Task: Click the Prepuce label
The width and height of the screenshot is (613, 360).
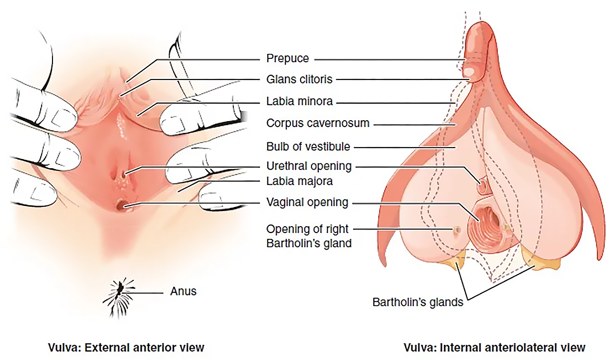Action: pyautogui.click(x=287, y=58)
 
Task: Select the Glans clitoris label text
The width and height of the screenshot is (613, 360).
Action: pyautogui.click(x=299, y=79)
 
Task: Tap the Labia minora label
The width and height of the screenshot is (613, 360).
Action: pyautogui.click(x=300, y=102)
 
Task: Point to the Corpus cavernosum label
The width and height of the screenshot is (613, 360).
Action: pyautogui.click(x=318, y=123)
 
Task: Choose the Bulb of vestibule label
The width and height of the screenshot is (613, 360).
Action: pyautogui.click(x=308, y=147)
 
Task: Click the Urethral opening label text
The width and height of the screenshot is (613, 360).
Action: pyautogui.click(x=309, y=166)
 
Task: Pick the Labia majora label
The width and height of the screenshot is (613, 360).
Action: pyautogui.click(x=300, y=181)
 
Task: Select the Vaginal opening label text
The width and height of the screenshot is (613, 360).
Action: pyautogui.click(x=307, y=202)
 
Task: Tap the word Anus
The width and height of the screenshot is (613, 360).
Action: pyautogui.click(x=183, y=291)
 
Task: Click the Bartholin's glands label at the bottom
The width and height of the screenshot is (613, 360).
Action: pyautogui.click(x=418, y=302)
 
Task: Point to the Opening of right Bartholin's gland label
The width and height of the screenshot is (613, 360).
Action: pyautogui.click(x=309, y=236)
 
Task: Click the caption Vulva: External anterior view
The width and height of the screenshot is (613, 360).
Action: pyautogui.click(x=126, y=348)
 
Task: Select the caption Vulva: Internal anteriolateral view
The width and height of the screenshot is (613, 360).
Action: pyautogui.click(x=494, y=348)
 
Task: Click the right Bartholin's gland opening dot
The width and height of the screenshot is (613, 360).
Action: pyautogui.click(x=457, y=230)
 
